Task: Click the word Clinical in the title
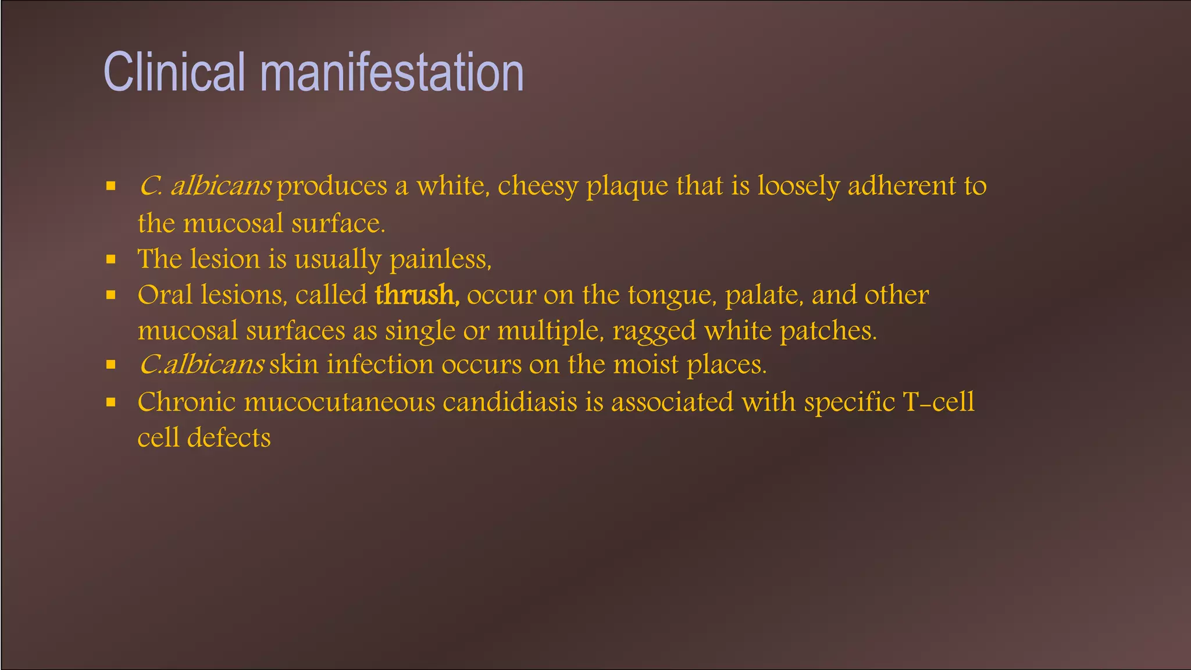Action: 174,72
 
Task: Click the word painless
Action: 440,259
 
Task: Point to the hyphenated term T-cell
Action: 938,402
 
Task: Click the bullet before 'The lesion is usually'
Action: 111,259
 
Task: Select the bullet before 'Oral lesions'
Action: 111,295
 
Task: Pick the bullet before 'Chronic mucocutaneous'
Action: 111,402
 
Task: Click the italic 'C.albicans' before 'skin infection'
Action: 202,365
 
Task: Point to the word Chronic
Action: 186,402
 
